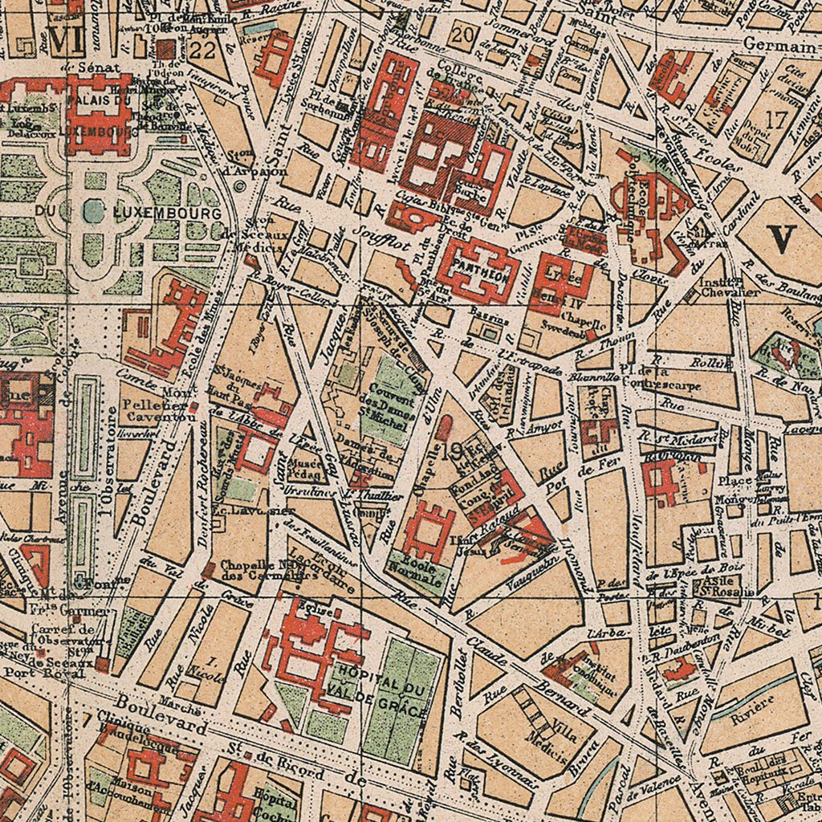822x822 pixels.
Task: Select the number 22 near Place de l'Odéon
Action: tap(204, 51)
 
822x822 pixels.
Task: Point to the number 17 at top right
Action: tap(776, 120)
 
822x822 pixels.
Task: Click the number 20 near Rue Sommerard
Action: tap(462, 35)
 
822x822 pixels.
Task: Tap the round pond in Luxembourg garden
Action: tap(94, 212)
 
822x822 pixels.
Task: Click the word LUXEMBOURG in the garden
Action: tap(168, 214)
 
